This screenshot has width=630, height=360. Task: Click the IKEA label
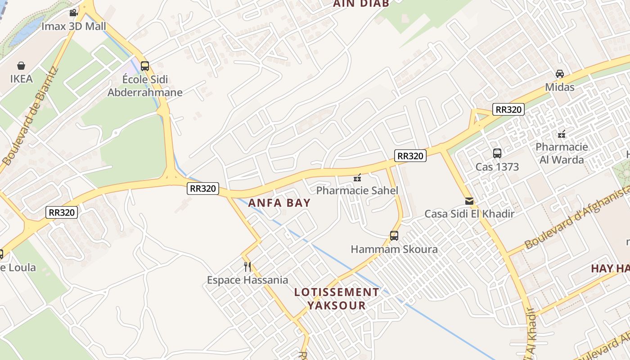tap(21, 79)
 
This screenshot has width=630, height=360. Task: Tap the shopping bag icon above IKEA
tap(21, 66)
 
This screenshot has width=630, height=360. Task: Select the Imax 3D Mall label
tap(74, 26)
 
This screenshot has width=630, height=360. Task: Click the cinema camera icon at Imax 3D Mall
tap(73, 13)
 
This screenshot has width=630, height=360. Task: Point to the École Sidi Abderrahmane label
tap(145, 86)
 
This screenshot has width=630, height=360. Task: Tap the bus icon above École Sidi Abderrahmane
tap(144, 66)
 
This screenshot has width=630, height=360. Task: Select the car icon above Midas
tap(560, 74)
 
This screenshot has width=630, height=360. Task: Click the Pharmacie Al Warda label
tap(562, 153)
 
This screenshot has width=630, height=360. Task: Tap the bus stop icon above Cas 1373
tap(497, 153)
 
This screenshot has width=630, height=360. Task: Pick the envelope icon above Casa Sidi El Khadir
tap(469, 201)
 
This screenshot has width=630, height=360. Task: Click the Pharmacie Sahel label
tap(357, 190)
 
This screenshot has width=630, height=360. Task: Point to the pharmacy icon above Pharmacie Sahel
tap(357, 178)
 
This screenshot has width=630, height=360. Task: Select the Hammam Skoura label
tap(394, 249)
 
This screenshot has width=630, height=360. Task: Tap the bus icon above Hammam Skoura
tap(394, 235)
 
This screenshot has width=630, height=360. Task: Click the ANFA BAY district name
tap(279, 202)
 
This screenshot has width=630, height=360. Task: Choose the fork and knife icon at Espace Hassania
tap(247, 267)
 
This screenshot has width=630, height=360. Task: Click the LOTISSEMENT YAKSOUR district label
tap(337, 299)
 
